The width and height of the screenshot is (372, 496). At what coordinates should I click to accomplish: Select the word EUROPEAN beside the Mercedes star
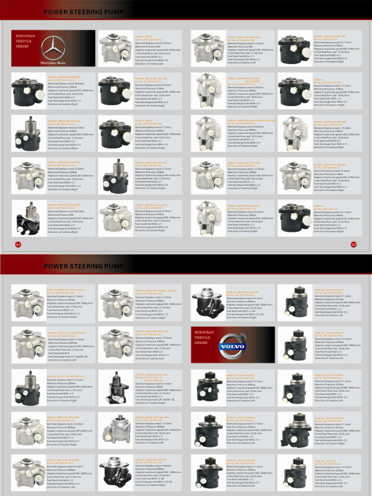click(25, 36)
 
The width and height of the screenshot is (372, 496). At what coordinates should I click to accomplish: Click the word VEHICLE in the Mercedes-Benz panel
click(24, 41)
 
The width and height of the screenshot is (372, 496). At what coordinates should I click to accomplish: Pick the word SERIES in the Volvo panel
click(204, 342)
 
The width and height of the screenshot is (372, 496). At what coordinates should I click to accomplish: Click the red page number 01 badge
click(18, 244)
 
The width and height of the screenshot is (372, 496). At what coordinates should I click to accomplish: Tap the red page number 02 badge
click(354, 244)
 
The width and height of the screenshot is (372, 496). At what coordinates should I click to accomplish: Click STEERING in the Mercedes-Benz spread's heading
click(89, 12)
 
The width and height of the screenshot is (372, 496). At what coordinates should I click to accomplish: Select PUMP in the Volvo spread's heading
click(115, 266)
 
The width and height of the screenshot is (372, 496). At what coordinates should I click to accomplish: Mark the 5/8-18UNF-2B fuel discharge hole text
click(155, 400)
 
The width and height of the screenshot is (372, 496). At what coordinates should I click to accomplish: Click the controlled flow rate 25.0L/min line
click(331, 181)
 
